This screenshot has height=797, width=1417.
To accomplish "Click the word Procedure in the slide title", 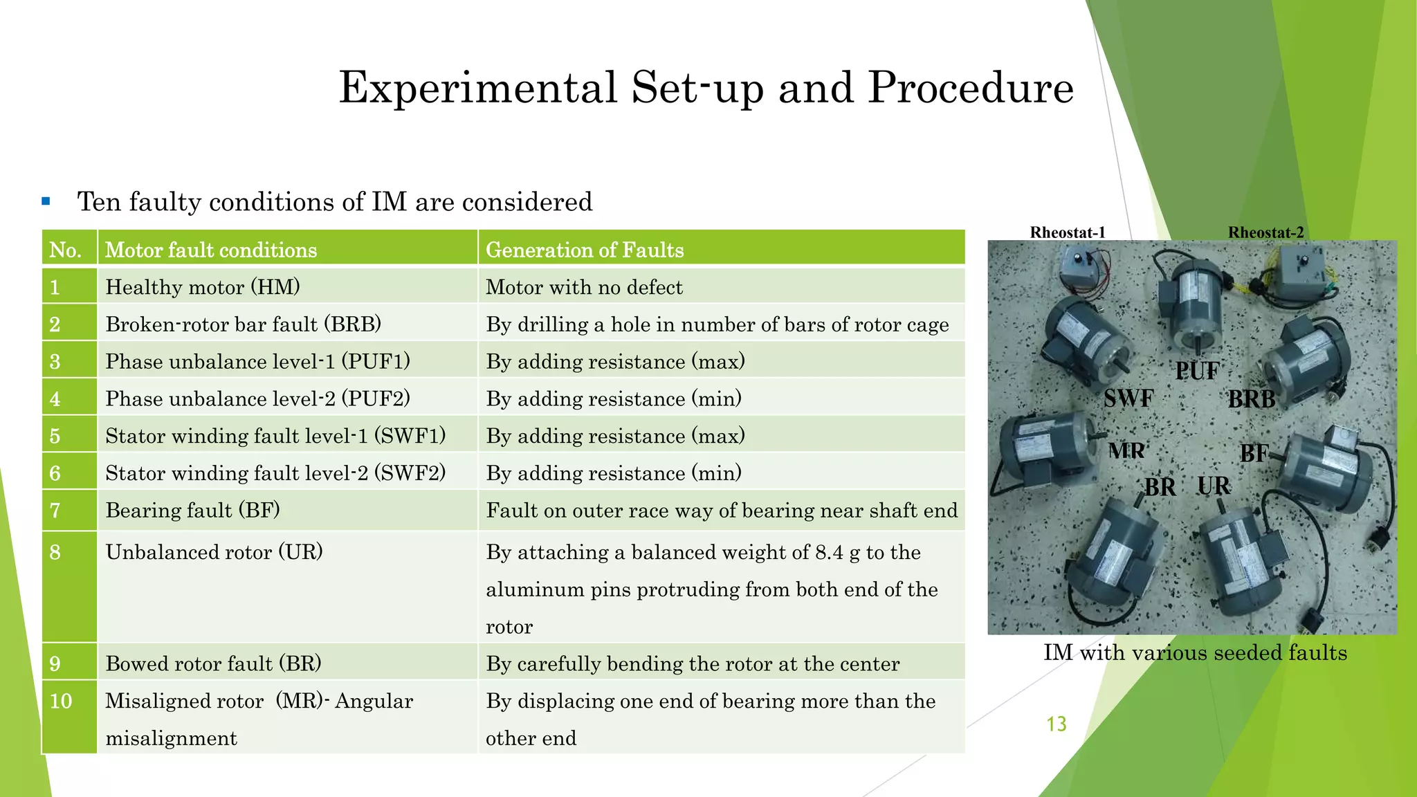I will pos(970,89).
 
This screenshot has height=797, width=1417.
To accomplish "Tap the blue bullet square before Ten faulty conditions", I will pos(46,202).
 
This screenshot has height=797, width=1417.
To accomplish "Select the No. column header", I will pos(66,250).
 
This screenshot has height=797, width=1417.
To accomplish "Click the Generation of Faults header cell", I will pos(585,250).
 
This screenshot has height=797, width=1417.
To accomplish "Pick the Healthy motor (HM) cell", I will pos(203,287).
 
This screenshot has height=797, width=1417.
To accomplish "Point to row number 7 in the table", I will pos(55,511).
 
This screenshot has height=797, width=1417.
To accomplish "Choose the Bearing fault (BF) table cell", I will pos(192,511).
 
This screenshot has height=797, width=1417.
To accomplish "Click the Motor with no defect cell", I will pos(584,287).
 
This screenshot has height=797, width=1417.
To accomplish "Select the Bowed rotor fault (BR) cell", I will pos(213,663).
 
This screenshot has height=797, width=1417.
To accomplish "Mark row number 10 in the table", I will pos(61,701).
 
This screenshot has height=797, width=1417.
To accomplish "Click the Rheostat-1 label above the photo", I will pos(1068,232).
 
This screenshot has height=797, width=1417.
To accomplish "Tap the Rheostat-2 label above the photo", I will pos(1265,232).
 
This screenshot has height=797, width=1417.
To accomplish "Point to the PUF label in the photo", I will pos(1197,372).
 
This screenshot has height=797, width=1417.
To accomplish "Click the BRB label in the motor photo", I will pos(1252,399).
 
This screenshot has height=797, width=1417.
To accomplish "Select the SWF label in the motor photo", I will pos(1128,398).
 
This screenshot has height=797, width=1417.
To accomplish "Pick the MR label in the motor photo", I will pos(1126,451).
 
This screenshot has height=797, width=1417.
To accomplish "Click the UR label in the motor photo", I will pos(1214,486).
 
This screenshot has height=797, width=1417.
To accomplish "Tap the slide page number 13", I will pos(1057,724).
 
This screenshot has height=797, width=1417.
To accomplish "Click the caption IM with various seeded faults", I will pos(1195,652).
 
